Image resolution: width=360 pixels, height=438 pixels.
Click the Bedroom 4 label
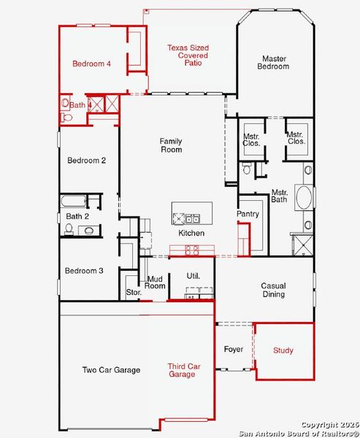coord(91,64)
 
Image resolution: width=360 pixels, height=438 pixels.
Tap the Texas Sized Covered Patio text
coord(187,55)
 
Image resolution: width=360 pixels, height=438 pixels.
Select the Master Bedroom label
coord(273,62)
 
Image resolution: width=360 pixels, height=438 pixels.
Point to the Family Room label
coord(171,145)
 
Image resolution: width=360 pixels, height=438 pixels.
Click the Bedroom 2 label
coord(87,161)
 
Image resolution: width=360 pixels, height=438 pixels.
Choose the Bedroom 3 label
coord(84,271)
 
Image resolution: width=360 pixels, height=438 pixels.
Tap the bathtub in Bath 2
coord(73,201)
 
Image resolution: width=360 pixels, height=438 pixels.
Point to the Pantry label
coord(248,214)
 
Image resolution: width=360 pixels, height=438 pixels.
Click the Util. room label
coord(193,276)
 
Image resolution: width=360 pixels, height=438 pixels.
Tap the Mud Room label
coord(155,282)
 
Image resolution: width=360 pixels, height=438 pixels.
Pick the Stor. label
coord(133,293)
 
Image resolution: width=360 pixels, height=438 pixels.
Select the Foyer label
coord(233,350)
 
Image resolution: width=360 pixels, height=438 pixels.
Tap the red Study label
coord(283,351)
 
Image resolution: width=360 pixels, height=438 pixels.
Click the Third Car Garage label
coord(181,370)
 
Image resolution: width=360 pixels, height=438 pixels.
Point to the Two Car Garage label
coord(110,370)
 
